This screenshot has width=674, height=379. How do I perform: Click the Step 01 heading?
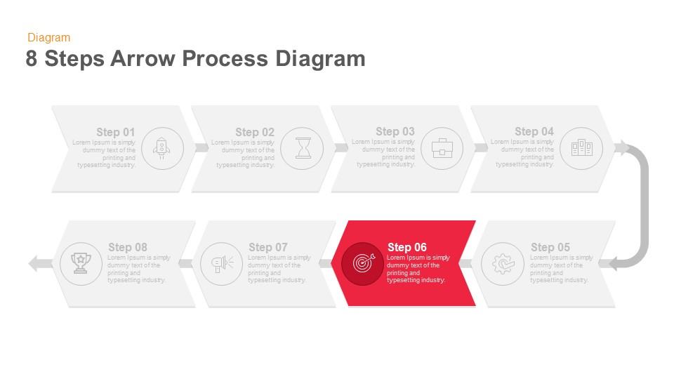coord(115,132)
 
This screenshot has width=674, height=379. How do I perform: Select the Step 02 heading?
coord(255,132)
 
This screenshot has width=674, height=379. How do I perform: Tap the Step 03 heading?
coord(395,131)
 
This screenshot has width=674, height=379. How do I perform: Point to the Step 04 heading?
coord(534,131)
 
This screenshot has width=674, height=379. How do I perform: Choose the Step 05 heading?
coord(550,247)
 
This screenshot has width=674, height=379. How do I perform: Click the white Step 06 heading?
coord(407,247)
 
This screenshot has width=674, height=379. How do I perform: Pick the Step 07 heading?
coord(268,247)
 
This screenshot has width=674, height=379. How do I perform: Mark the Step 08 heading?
coord(128,247)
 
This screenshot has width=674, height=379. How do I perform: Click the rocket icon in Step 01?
coord(162,148)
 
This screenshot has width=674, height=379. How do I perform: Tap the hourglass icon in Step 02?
coord(303,148)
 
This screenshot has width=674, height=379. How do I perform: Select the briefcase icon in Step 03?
coord(442,148)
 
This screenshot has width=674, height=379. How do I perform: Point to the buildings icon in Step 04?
coord(582,148)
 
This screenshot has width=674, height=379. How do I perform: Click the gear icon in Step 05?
coord(503,264)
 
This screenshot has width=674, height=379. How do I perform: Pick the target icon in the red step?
coord(363,264)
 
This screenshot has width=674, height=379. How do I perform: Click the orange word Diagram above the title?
coord(48,38)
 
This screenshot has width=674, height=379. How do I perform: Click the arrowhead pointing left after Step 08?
coord(34,264)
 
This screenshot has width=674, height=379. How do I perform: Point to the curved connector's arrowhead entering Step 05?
coord(614,264)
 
